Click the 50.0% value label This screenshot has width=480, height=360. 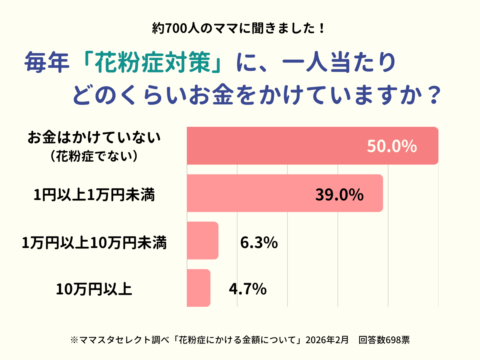392,147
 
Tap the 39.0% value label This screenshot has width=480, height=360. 339,195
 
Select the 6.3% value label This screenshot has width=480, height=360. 259,243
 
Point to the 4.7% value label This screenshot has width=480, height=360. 248,288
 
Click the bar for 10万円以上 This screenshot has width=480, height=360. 198,288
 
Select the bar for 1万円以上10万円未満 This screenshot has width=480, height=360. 202,240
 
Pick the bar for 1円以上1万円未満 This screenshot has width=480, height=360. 280,193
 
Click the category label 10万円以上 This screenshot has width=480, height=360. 94,288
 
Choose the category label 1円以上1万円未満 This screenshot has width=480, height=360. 94,196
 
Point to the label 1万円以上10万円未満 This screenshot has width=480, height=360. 94,243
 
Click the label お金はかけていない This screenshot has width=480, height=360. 94,138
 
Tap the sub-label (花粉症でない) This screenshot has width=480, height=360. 94,156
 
